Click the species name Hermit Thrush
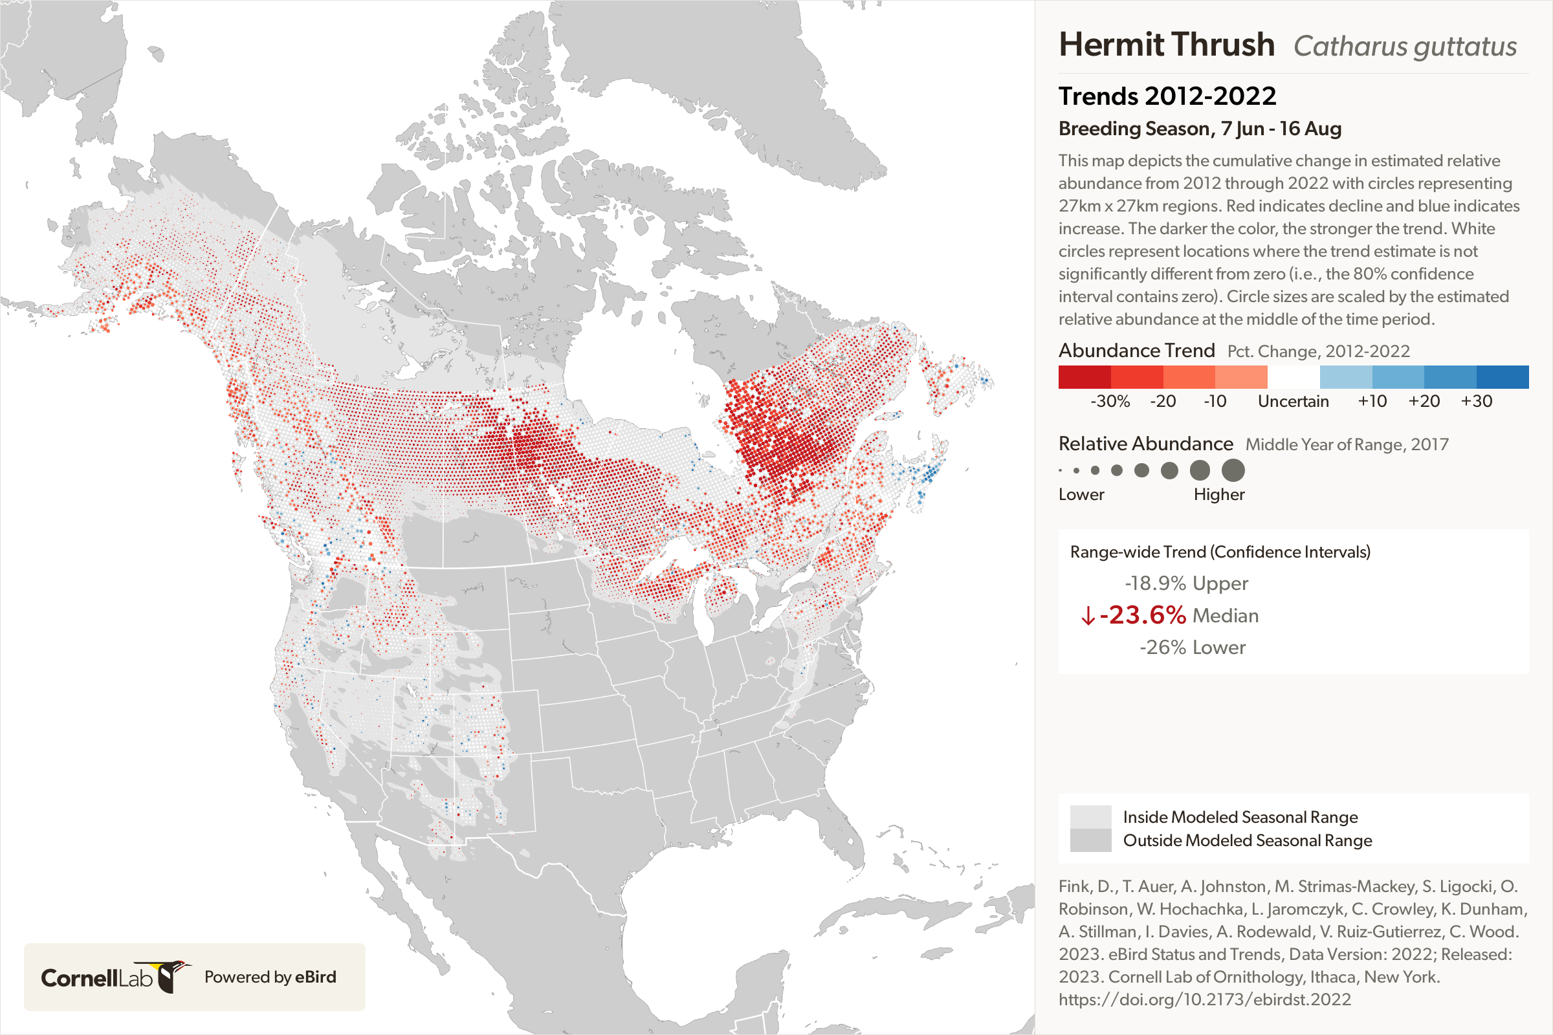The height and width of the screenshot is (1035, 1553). point(1166,45)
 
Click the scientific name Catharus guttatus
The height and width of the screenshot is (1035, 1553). point(1404,47)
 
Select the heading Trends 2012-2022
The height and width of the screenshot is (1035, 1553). point(1167,96)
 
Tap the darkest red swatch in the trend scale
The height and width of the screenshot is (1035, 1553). point(1085,377)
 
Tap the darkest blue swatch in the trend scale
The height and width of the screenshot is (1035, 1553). point(1502,377)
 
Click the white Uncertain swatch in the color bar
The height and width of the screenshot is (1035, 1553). point(1293,377)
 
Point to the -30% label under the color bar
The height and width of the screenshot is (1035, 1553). point(1109,401)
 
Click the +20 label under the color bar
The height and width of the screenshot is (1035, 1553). point(1424,401)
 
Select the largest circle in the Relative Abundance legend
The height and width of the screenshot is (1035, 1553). point(1233,471)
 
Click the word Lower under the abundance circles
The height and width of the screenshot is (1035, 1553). point(1081,494)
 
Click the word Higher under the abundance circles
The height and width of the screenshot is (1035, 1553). point(1218,494)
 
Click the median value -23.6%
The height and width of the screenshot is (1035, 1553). point(1142,615)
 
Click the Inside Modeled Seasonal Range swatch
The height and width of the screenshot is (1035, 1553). point(1090,816)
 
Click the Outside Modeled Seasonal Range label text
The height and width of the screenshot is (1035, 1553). point(1247,840)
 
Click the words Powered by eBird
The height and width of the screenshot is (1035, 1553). point(270,977)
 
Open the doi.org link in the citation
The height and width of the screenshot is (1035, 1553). point(1204,999)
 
